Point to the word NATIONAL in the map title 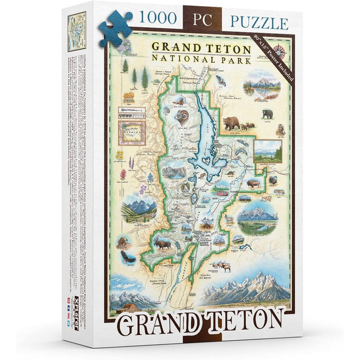click(x=183, y=60)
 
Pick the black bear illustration click(x=267, y=114)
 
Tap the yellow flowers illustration click(x=120, y=155)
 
